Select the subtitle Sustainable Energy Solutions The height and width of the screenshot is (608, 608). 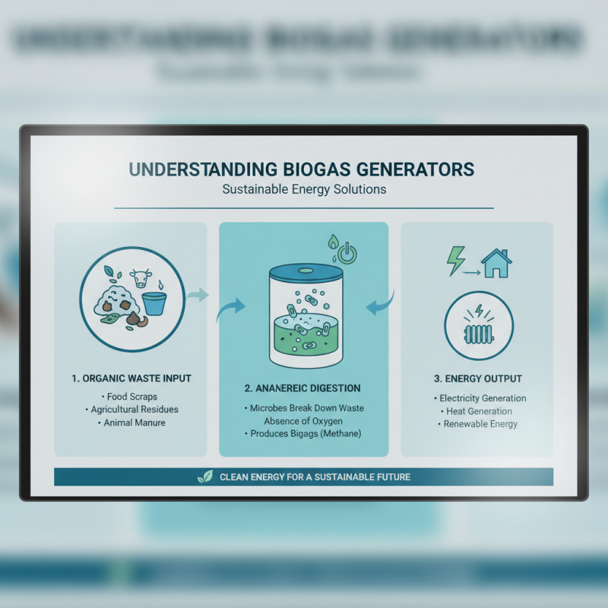coord(304,189)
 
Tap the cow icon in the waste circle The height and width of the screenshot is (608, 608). coord(139,277)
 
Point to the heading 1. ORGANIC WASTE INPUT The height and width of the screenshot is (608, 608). coord(130,377)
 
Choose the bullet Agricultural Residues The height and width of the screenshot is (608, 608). coord(131,410)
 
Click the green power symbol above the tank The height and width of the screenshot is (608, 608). coord(347,254)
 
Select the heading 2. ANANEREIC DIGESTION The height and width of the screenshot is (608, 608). coord(303,388)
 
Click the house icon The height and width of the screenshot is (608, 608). coord(496,263)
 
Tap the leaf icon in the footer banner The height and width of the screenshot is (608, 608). coord(205,477)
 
